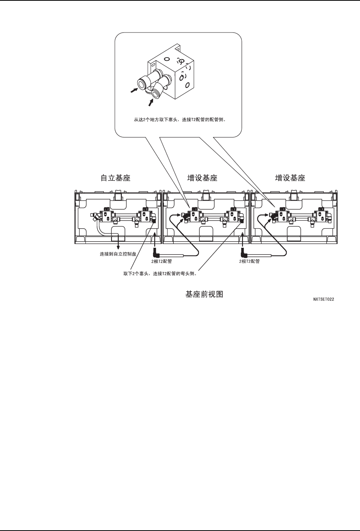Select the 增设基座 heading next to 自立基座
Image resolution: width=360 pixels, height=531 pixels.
click(x=202, y=178)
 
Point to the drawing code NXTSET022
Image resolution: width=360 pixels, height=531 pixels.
click(x=324, y=299)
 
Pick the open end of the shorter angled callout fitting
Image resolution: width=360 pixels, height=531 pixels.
click(x=156, y=93)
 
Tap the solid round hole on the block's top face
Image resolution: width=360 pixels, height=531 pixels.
click(x=166, y=59)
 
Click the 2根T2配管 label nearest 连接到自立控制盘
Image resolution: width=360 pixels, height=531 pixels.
click(x=162, y=261)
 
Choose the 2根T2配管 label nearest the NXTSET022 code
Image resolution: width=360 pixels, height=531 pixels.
click(x=250, y=261)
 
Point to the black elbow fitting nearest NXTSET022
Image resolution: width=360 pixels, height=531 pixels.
click(x=244, y=253)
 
